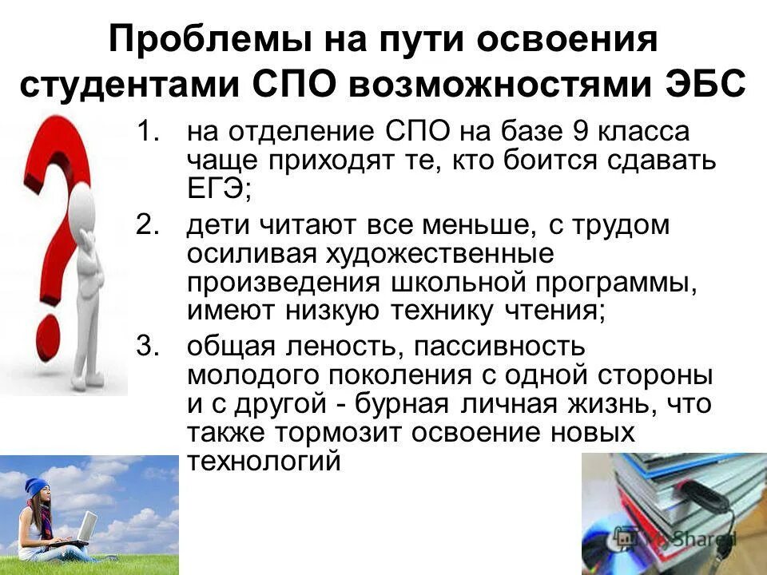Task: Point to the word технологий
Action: [x=264, y=462]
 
